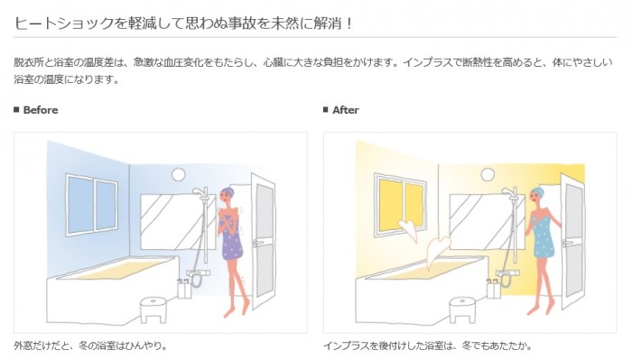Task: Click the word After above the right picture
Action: coord(345,110)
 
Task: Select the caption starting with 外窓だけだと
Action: coord(90,346)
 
